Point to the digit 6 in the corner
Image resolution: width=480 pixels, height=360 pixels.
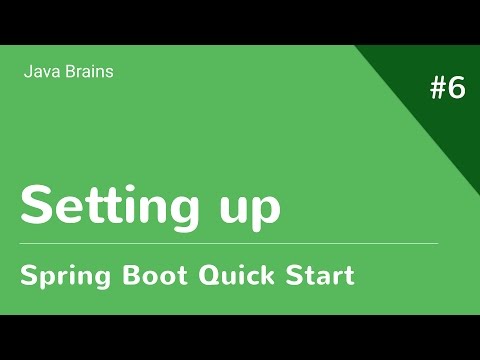pyautogui.click(x=456, y=88)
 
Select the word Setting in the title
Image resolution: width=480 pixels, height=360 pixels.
pyautogui.click(x=105, y=205)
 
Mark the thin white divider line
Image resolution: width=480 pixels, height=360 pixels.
pyautogui.click(x=229, y=243)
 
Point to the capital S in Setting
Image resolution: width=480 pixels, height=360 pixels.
pyautogui.click(x=37, y=205)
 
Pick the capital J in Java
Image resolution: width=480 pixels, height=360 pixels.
pyautogui.click(x=26, y=71)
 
